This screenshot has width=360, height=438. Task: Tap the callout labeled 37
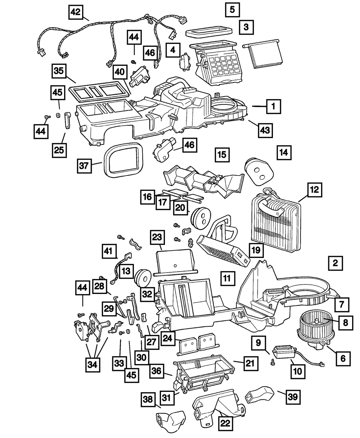[84, 166]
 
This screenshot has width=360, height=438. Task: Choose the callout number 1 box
[273, 106]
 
